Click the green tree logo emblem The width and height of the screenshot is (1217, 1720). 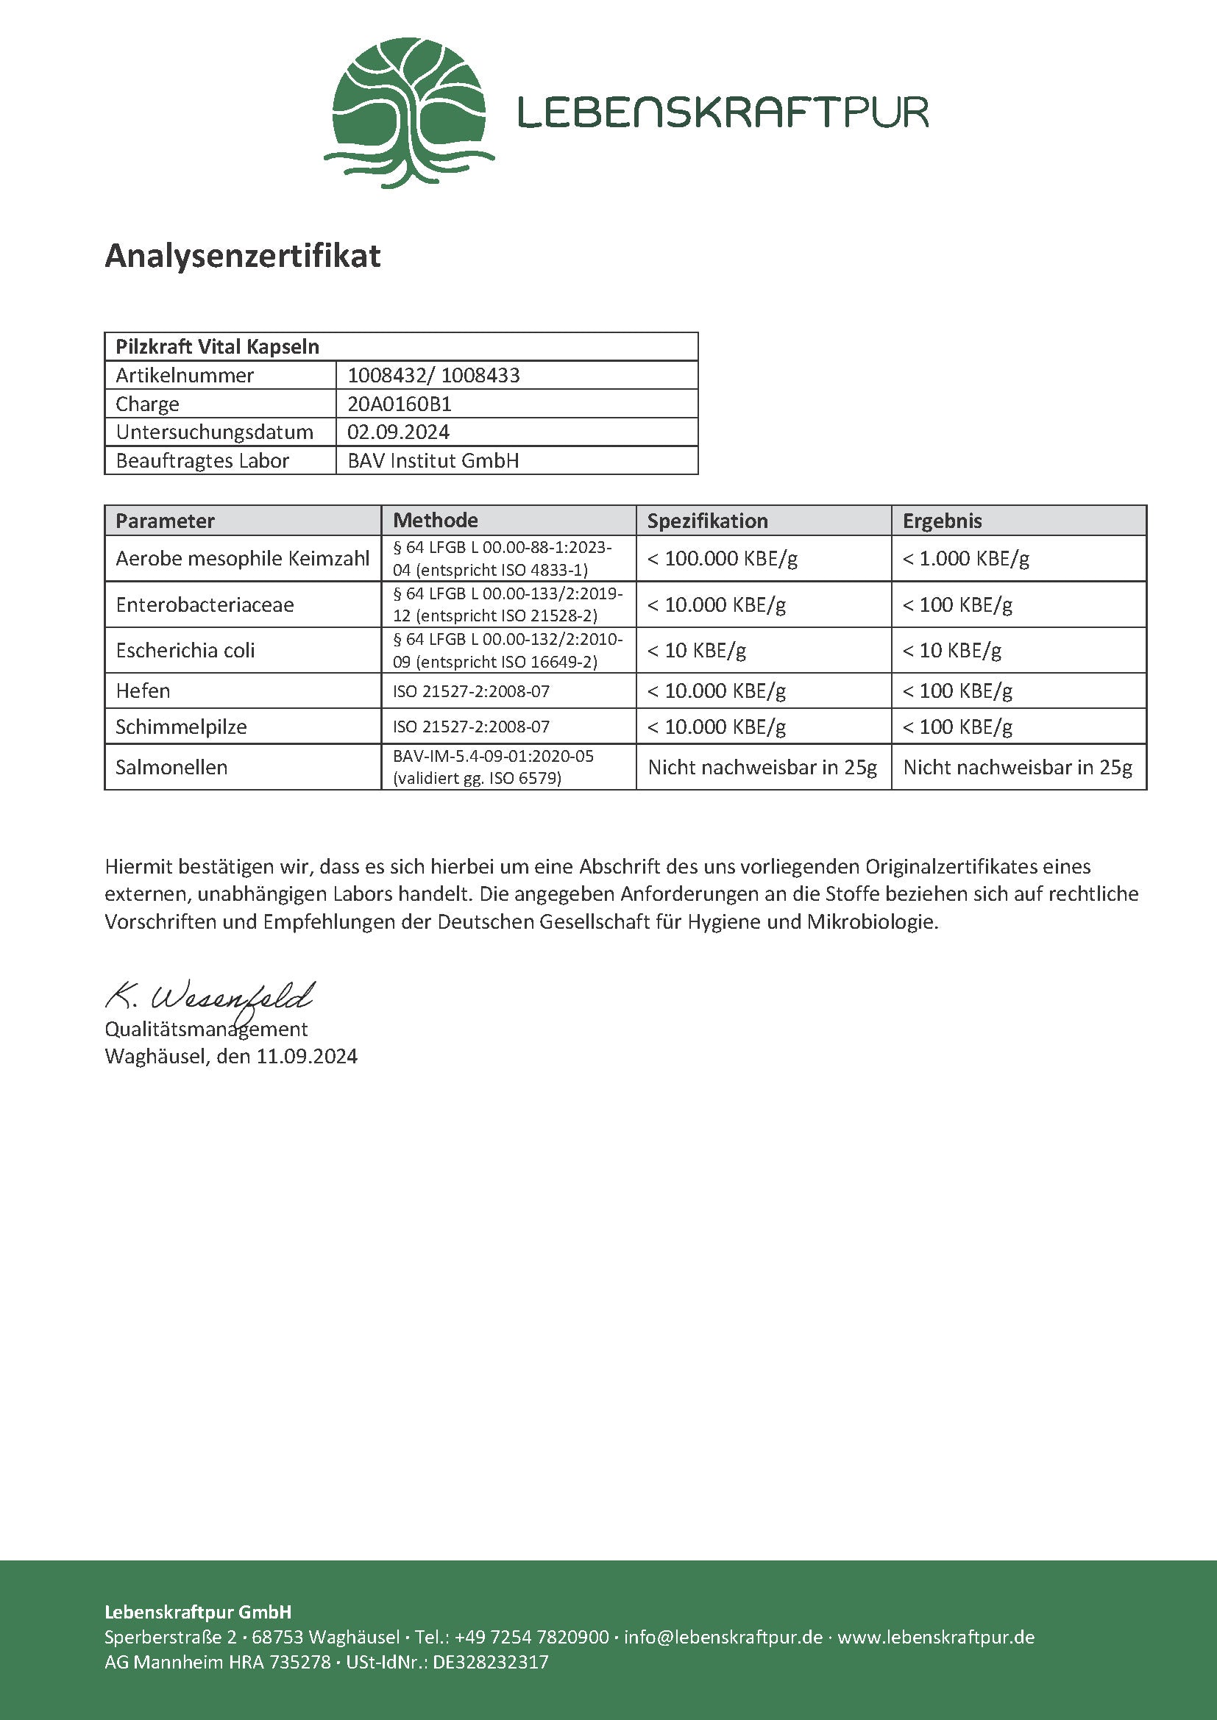click(409, 112)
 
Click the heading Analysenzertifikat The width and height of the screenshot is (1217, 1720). click(243, 256)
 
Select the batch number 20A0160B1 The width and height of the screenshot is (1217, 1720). click(400, 404)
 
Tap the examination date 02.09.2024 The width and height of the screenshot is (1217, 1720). click(398, 432)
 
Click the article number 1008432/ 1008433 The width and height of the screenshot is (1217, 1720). click(433, 375)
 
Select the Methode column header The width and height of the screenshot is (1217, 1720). click(436, 520)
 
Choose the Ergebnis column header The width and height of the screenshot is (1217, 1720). click(942, 521)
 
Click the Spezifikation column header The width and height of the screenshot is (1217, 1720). click(707, 521)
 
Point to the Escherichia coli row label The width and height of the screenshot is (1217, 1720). click(185, 650)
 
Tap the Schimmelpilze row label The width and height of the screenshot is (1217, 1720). click(181, 727)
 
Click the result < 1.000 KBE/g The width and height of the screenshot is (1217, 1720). click(966, 558)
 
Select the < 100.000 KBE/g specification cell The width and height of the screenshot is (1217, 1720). click(723, 558)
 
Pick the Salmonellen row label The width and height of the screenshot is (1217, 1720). click(171, 767)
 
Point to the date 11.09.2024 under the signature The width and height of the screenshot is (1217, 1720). click(307, 1056)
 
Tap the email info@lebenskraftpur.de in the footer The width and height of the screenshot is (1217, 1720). click(723, 1637)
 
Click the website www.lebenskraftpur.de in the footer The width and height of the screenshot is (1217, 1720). click(936, 1637)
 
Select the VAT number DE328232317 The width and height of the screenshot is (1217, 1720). click(491, 1662)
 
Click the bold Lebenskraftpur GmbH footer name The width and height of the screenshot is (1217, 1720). click(198, 1612)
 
